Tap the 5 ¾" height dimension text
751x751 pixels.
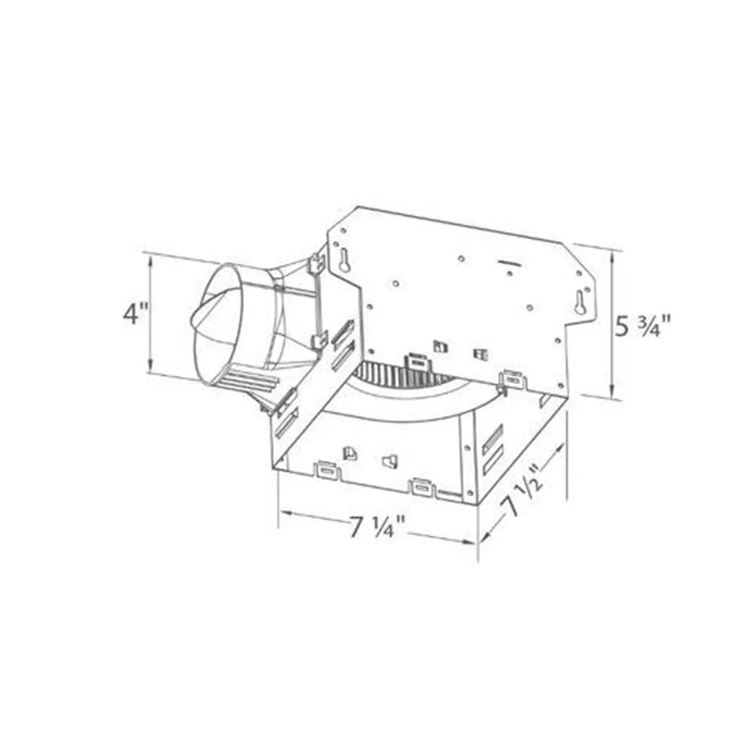641,326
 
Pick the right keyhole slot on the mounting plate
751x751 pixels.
580,302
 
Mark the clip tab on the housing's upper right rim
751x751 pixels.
513,378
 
